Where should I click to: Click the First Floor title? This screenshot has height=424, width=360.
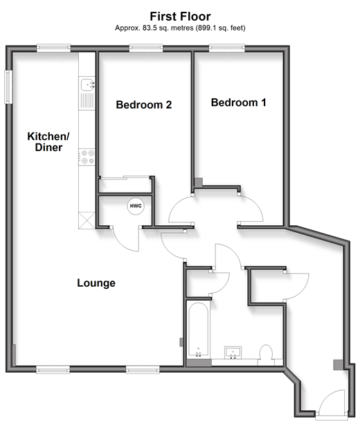180,17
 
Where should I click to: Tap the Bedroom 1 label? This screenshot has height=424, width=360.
238,103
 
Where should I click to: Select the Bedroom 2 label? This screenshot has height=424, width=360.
144,105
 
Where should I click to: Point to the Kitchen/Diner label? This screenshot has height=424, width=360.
48,142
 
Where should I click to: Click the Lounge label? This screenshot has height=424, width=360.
96,283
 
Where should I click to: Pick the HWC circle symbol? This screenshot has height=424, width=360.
136,206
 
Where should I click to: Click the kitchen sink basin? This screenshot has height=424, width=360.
87,84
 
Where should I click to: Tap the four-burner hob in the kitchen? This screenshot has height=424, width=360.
87,157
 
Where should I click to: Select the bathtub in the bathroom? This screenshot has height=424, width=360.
199,329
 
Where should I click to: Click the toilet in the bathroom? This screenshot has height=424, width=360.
267,355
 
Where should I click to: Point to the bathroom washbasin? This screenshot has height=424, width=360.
233,353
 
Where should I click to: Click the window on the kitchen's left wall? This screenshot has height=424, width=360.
8,87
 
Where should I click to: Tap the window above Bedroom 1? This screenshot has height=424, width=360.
227,48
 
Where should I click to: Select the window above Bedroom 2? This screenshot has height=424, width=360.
146,48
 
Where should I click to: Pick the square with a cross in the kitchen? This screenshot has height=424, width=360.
87,220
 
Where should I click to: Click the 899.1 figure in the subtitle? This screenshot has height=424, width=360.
208,28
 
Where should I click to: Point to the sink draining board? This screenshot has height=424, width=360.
87,100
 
